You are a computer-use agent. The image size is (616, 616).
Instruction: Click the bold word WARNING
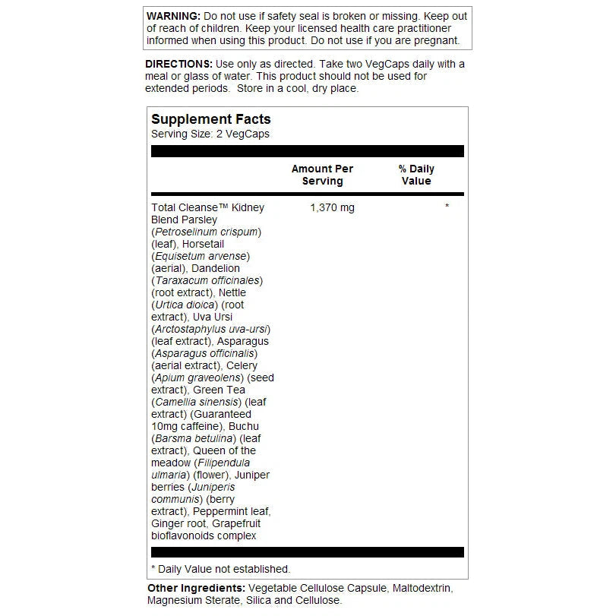pos(173,16)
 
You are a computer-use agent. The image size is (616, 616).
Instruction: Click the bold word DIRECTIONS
pos(178,64)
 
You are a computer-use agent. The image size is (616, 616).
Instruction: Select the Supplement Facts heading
pos(210,119)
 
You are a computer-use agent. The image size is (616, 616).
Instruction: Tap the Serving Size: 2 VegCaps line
pos(210,134)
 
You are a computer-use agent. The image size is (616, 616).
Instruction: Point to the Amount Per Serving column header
pos(322,175)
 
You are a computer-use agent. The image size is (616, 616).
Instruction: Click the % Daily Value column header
pos(416,175)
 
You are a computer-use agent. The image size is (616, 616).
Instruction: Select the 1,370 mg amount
pos(332,207)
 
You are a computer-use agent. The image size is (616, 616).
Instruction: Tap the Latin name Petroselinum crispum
pos(207,232)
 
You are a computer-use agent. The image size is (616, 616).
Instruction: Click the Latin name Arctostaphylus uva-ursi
pos(211,329)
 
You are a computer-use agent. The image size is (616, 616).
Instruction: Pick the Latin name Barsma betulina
pos(194,438)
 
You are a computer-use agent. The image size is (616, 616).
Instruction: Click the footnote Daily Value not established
pos(224,569)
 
